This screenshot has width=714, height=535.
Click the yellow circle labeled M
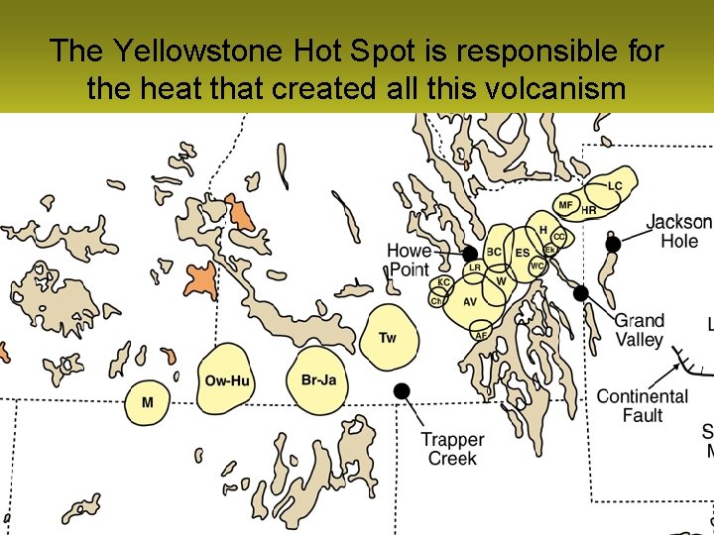pos(147,402)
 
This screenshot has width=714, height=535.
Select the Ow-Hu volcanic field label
pos(226,380)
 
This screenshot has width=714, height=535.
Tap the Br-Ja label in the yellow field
pos(317,380)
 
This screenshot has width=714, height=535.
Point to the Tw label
pos(388,339)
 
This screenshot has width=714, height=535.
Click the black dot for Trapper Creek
pos(402,390)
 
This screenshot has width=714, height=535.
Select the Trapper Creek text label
pos(452,449)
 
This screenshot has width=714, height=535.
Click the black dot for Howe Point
pos(470,255)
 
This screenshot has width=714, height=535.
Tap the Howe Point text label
pos(409,260)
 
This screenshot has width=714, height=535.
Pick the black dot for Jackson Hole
pos(613,244)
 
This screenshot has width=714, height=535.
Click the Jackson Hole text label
pos(679,232)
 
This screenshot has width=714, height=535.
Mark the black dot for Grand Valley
pos(581,293)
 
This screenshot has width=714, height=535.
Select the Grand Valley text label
pos(640,330)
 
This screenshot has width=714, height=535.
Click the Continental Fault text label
pos(642,405)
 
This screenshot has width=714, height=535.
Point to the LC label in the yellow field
pos(615,186)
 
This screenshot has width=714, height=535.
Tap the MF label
pos(565,205)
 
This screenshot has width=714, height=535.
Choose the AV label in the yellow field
pos(470,302)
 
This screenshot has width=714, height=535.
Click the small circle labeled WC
pos(537,267)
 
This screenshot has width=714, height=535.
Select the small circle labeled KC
pos(444,283)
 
